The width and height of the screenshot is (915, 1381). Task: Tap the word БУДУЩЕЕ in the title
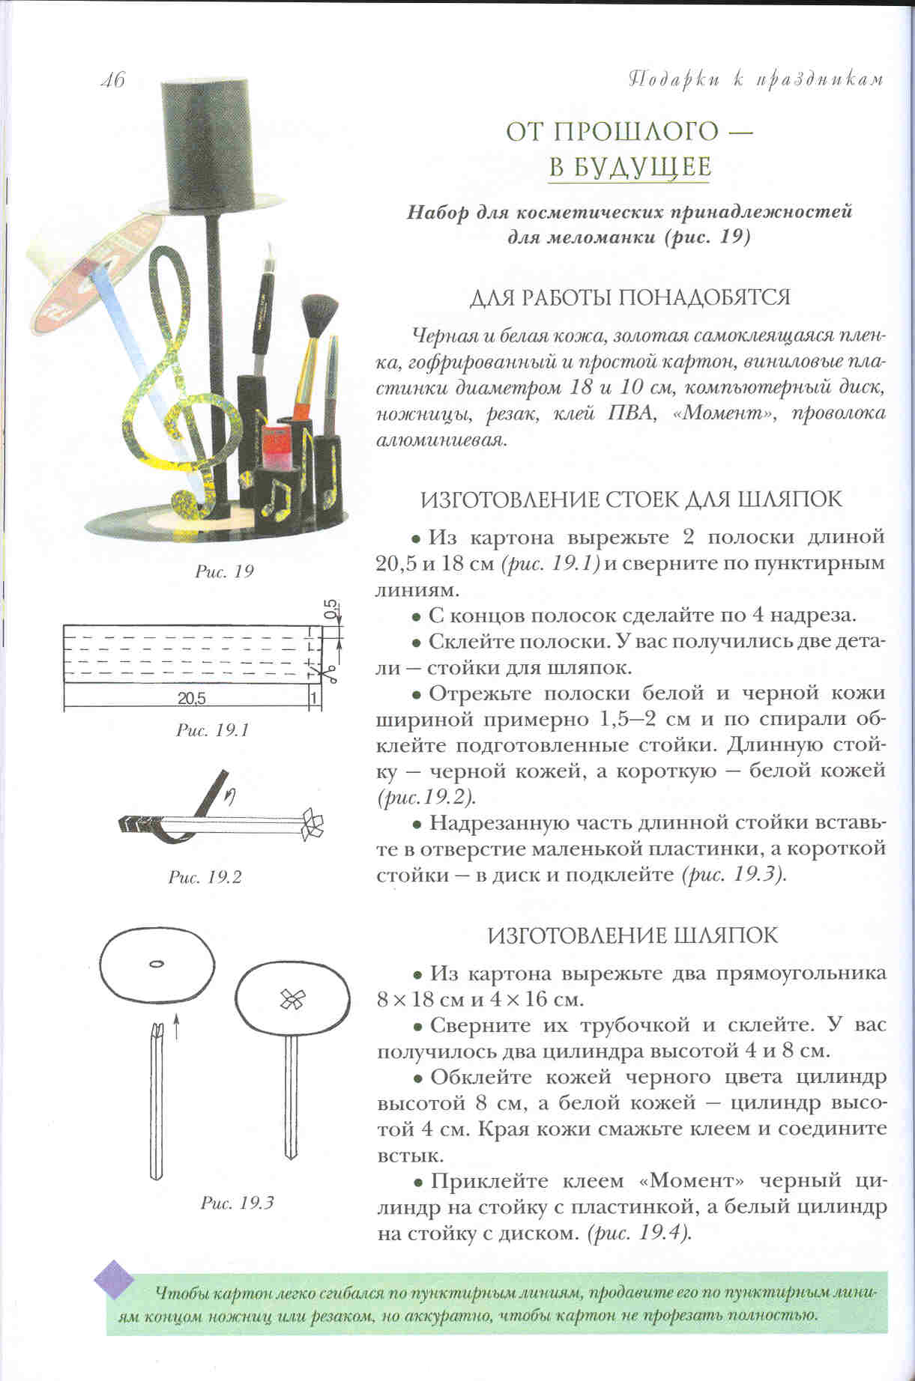(629, 166)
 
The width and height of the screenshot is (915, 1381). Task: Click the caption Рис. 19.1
(212, 729)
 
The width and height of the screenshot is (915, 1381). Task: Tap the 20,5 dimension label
(193, 698)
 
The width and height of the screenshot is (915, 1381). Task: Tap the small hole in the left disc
(156, 964)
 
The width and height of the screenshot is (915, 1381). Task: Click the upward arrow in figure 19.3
(177, 1025)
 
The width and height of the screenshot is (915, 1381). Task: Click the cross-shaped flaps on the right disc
(292, 998)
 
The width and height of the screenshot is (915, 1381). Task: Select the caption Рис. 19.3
(238, 1204)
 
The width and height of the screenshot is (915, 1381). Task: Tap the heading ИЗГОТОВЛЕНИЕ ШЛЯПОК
(632, 935)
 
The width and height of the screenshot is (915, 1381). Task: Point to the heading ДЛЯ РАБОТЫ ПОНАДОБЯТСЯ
(629, 297)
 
